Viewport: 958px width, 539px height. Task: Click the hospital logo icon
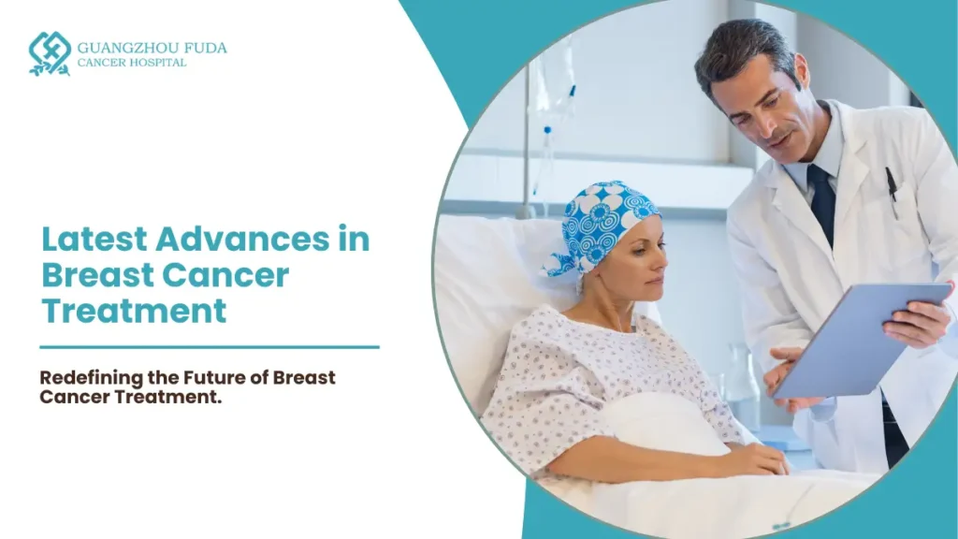[x=50, y=53]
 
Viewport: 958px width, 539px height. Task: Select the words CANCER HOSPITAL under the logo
[x=132, y=63]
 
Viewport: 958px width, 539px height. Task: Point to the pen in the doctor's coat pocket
[x=892, y=192]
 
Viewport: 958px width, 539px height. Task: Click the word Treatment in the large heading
[x=134, y=310]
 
